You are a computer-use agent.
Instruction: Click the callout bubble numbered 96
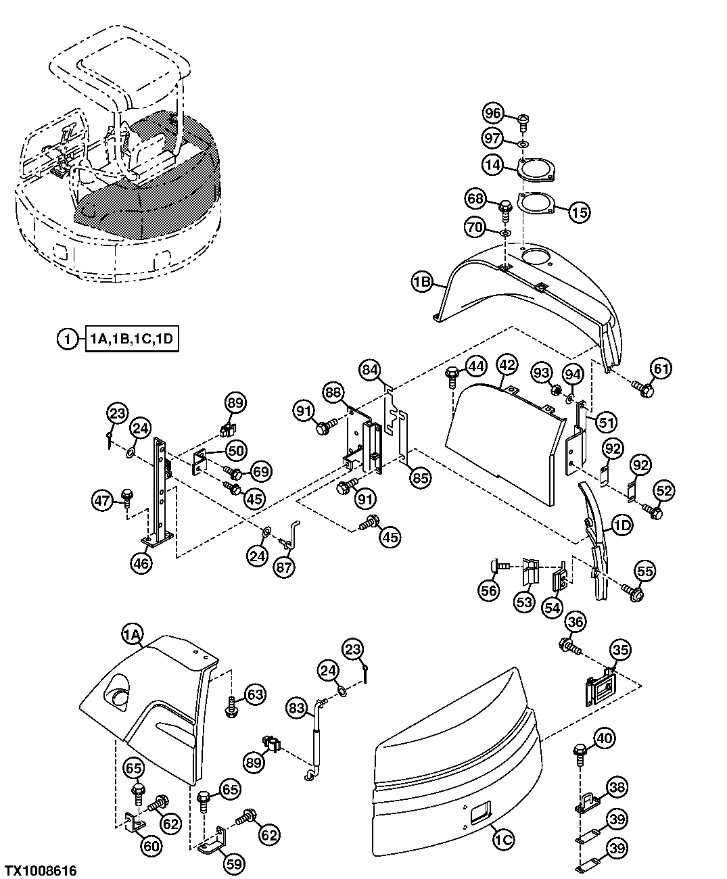click(494, 113)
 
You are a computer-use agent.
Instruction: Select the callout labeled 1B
click(423, 281)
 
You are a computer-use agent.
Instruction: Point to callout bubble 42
click(507, 364)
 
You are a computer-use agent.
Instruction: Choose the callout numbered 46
click(141, 563)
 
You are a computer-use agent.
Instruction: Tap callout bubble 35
click(620, 650)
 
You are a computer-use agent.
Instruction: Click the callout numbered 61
click(662, 369)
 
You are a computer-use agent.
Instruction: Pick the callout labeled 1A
click(133, 634)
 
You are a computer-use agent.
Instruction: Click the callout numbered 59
click(235, 863)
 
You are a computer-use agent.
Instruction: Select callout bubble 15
click(580, 212)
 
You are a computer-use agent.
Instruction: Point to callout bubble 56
click(488, 590)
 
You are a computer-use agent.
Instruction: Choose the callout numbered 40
click(606, 738)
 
